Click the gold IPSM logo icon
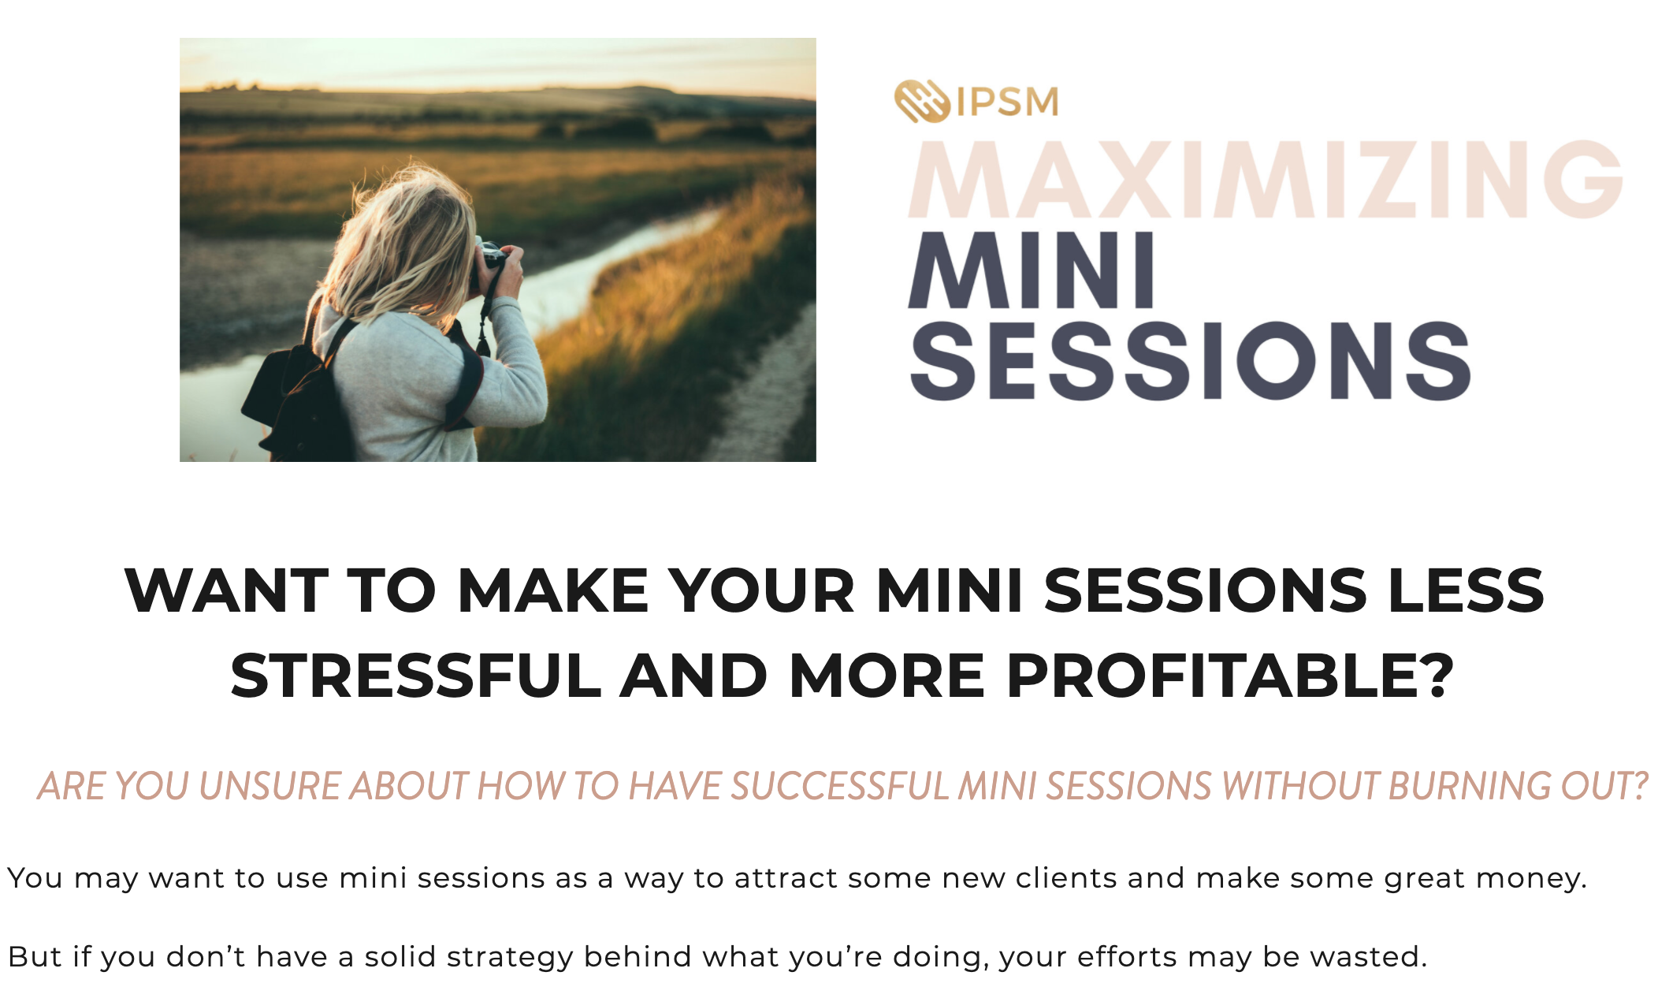922,102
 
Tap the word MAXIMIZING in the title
1266,179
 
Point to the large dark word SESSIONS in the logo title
1190,360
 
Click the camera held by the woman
490,263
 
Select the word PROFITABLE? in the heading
1230,676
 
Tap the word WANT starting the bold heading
226,590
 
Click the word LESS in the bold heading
1466,590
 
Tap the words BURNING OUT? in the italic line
1518,786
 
